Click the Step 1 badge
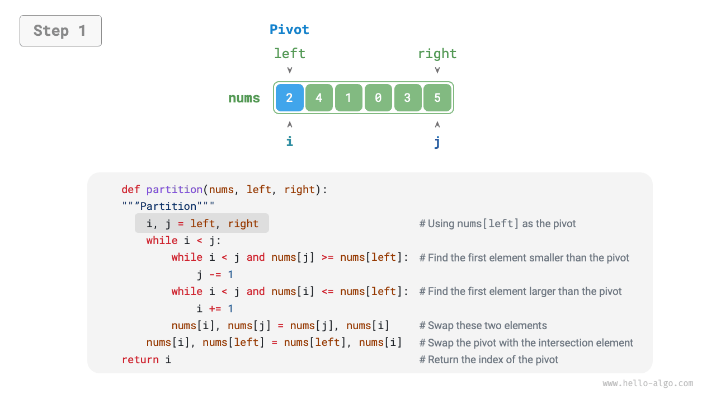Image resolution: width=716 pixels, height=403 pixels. [60, 31]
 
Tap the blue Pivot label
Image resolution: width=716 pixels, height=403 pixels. [289, 30]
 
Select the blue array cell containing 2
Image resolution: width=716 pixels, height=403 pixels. [289, 98]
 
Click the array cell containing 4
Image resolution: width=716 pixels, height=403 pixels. [319, 98]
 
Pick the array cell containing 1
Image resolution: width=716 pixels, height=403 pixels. [348, 98]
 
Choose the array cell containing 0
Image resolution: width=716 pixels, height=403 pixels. [378, 98]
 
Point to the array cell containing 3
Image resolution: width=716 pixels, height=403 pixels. [408, 98]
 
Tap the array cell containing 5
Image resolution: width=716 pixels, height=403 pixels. [437, 98]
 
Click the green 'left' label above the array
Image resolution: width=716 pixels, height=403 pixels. [289, 54]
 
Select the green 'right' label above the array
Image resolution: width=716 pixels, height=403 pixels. [437, 54]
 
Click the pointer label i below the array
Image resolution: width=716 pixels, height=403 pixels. [289, 142]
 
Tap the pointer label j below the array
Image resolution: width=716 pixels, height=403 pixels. [437, 142]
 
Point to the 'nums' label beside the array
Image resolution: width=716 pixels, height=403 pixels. [244, 99]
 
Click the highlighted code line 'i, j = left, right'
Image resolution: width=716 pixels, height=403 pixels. [202, 223]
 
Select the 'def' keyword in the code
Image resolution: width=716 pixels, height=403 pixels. [131, 189]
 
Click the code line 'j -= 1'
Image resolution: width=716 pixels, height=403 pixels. [215, 274]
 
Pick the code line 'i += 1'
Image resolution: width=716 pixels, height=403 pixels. [215, 308]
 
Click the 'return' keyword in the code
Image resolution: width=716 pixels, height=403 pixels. [140, 359]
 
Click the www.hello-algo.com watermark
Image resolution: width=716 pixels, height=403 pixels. [648, 383]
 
